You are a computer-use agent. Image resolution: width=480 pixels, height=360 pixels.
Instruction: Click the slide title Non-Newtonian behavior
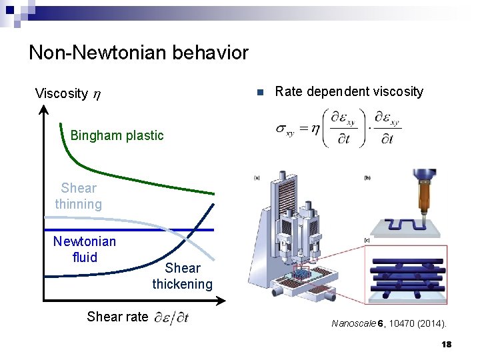point(138,53)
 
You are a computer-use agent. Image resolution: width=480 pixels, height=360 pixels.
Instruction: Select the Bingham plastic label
point(117,135)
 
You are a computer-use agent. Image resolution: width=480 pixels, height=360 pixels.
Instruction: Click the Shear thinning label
point(79,196)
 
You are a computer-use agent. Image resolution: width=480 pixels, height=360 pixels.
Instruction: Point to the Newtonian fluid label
point(84,249)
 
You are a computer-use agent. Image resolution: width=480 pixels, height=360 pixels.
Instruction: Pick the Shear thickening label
point(182,276)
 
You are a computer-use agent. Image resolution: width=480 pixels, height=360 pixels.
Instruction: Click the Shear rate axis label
point(117,317)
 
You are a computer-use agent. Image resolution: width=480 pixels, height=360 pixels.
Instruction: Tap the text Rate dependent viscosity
point(349,92)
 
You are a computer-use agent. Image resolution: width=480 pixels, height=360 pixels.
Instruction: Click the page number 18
point(446,344)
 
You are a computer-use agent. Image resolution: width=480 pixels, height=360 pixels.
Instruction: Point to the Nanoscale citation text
point(389,324)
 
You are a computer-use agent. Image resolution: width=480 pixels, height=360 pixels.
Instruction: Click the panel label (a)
point(257,177)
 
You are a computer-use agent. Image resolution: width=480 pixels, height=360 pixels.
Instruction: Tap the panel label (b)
point(367,177)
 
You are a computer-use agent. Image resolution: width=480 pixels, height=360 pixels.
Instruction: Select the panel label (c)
point(367,240)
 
